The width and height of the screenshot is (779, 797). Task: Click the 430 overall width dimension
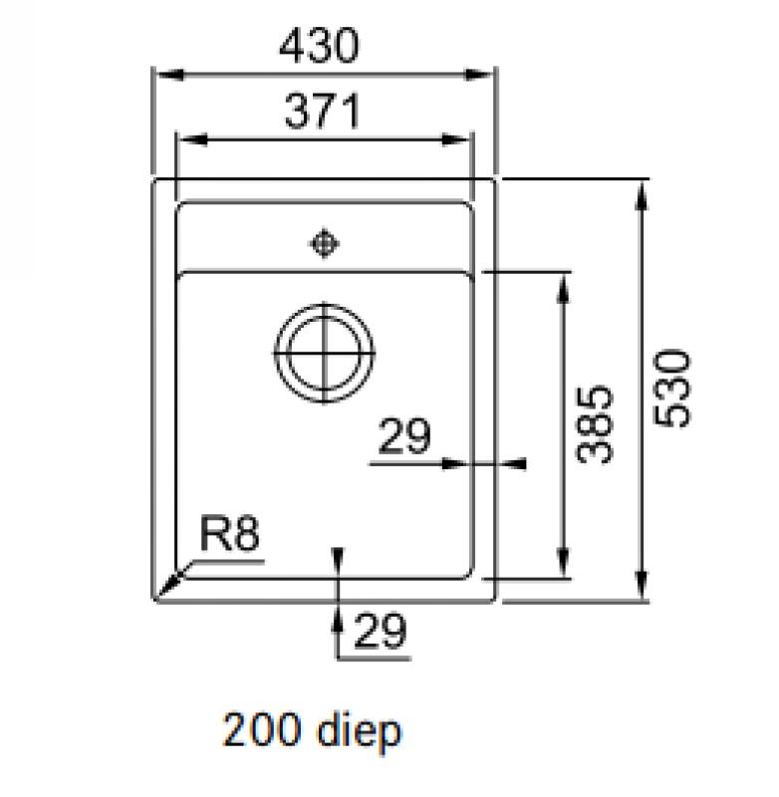pos(320,47)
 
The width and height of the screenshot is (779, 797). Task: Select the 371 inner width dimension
pos(323,113)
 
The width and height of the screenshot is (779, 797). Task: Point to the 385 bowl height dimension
pos(596,423)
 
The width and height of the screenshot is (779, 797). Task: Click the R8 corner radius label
pos(229,536)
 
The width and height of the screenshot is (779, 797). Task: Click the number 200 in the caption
pos(264,732)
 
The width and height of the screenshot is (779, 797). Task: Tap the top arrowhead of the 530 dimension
pos(643,189)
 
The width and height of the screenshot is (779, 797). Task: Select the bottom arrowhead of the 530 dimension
pos(643,592)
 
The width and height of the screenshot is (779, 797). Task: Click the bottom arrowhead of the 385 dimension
pos(564,568)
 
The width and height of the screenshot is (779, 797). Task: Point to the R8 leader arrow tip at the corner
pos(163,594)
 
